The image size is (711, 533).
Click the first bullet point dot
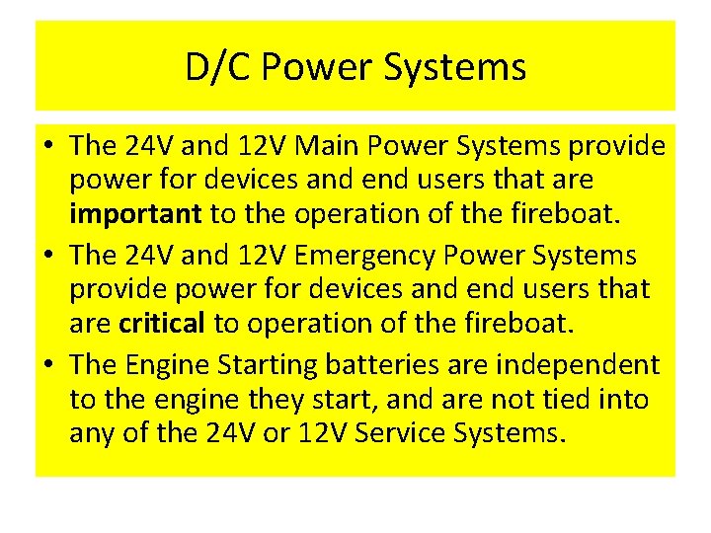(47, 147)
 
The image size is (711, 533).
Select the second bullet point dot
(47, 256)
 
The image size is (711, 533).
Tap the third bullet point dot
(47, 365)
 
